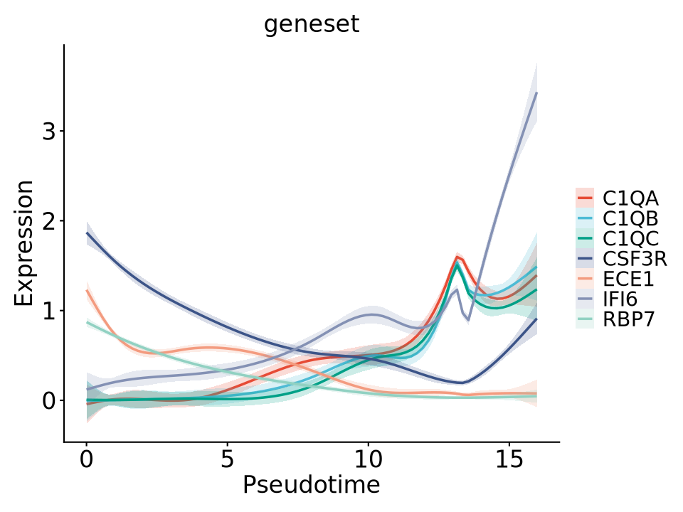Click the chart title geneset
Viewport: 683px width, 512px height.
312,24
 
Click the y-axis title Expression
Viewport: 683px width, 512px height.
24,243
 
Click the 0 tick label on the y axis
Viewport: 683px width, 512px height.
48,400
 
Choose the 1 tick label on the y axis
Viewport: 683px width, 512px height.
48,311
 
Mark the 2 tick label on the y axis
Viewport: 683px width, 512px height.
48,221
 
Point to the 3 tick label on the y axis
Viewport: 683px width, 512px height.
48,132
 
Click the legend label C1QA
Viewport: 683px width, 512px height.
630,197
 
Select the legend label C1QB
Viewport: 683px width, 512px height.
630,217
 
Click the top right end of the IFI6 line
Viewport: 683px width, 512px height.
536,93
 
